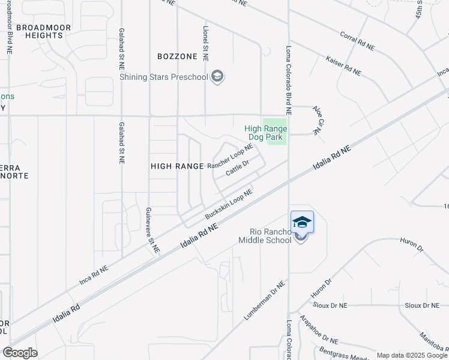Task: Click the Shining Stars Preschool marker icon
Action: pos(217,76)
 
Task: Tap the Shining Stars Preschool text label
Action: pos(164,77)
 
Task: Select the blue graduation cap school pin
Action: pos(302,222)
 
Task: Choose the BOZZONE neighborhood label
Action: pos(177,56)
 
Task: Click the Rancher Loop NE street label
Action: pos(231,157)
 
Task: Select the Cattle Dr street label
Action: pos(237,169)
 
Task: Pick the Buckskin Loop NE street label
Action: pos(228,205)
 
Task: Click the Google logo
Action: pos(20,353)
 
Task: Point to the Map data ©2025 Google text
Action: pos(412,355)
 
